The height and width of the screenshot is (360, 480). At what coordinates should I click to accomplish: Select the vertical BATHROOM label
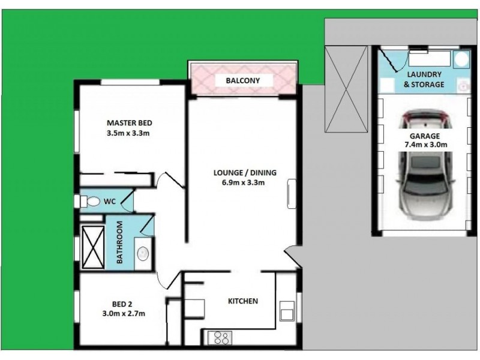click(x=119, y=243)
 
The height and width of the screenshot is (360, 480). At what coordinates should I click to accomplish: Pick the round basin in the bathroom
click(x=143, y=253)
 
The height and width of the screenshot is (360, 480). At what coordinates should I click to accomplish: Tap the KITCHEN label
click(x=242, y=301)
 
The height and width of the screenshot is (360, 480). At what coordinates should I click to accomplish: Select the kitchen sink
click(x=287, y=312)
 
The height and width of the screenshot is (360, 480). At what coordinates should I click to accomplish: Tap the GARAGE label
click(x=424, y=135)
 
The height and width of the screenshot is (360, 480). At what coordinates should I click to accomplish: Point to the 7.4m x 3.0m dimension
click(x=424, y=145)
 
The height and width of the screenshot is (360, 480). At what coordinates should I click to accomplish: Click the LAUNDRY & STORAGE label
click(x=424, y=80)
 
